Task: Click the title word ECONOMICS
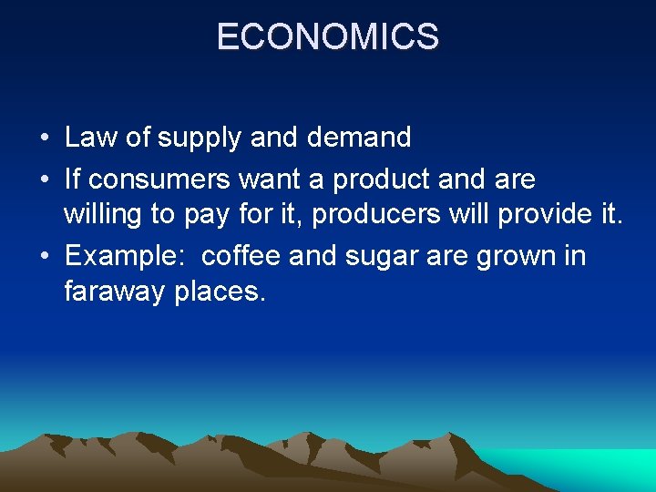(x=328, y=37)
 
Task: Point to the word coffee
(x=241, y=256)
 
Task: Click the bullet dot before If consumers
(x=44, y=180)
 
